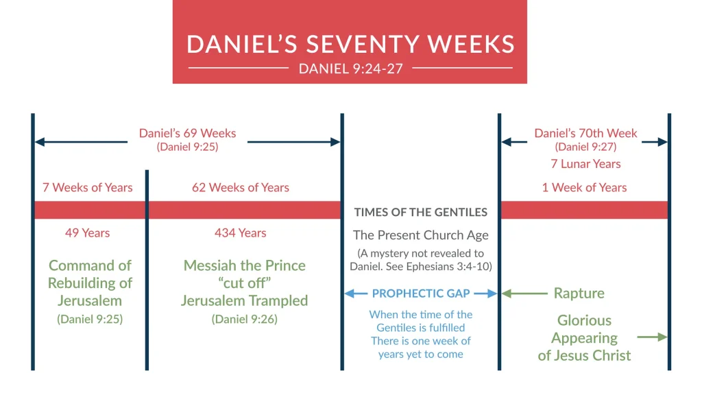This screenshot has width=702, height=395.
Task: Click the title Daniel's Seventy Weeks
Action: pos(350,44)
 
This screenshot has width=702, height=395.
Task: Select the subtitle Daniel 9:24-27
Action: pos(350,69)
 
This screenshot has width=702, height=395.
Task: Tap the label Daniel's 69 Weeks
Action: pos(187,133)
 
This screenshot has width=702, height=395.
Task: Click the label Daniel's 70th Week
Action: pos(585,133)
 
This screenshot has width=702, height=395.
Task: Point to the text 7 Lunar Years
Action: pos(585,164)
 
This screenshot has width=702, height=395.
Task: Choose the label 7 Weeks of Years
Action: pos(88,187)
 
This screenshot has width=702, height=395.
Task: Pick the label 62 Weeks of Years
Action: pos(241,187)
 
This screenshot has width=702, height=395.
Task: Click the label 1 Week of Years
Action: pos(584,187)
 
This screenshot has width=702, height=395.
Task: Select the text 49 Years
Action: pos(87,233)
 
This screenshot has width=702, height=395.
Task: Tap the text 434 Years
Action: pos(240,233)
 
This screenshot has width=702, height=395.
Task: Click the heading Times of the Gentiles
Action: pos(421,212)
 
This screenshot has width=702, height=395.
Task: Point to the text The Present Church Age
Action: pos(421,235)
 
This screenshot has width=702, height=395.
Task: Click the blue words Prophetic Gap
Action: pos(421,294)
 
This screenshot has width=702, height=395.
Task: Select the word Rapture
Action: pos(579,294)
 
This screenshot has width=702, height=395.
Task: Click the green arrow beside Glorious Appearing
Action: pos(652,337)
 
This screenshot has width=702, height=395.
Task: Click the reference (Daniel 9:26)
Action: pos(245,319)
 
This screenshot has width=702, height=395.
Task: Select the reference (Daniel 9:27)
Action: pos(585,147)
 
